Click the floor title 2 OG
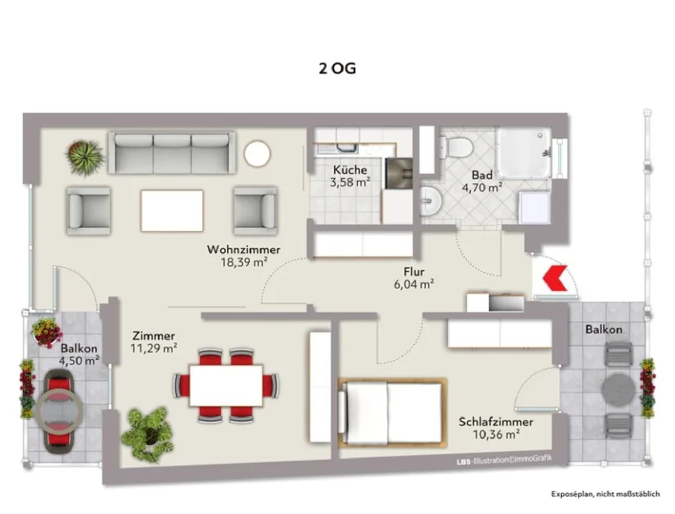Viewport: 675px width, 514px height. [337, 69]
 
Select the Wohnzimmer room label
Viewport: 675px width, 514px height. [243, 249]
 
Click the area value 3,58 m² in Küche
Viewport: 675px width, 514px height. [351, 182]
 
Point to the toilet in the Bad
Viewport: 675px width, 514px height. [455, 148]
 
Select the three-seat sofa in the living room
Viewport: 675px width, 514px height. [172, 152]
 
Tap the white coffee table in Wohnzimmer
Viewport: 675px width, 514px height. [172, 211]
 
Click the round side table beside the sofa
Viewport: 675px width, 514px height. [257, 153]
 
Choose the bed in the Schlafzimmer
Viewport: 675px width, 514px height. [392, 412]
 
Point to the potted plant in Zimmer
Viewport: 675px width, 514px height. [147, 432]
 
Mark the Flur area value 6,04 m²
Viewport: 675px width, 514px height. [414, 285]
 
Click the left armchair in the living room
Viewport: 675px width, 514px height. [88, 211]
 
